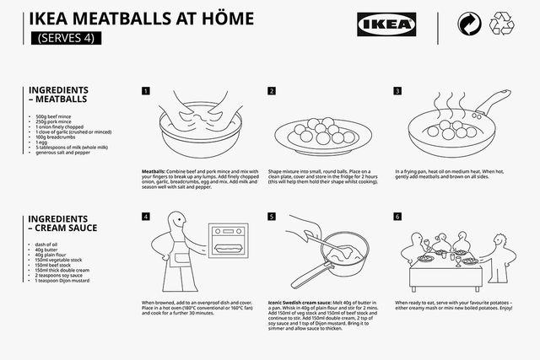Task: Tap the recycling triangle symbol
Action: (506, 25)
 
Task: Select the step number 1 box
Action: (145, 91)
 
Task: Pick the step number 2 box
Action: (272, 91)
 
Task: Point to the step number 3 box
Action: (398, 91)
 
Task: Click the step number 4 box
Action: (145, 217)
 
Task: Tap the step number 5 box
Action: (272, 217)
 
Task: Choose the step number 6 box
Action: (398, 217)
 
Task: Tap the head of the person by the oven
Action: (175, 225)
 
